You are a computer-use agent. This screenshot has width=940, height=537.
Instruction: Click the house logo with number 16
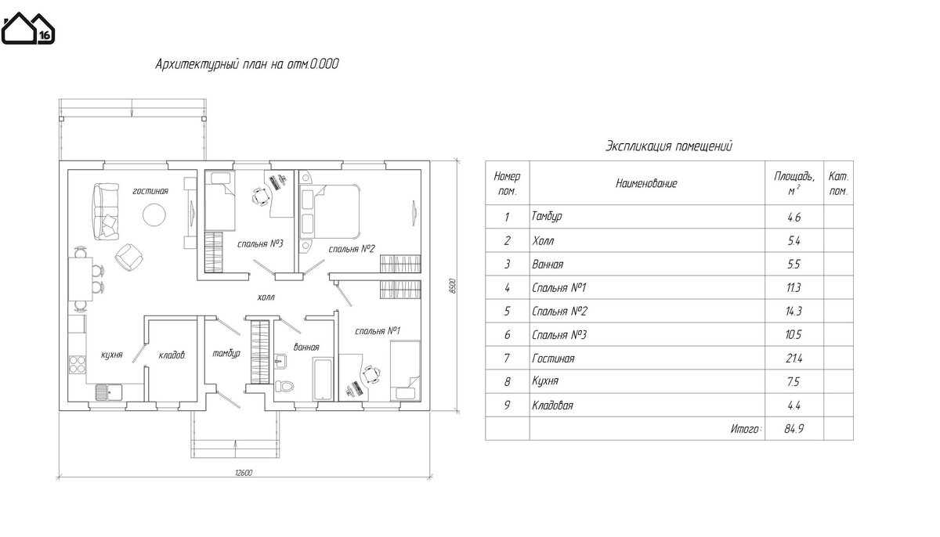(x=27, y=28)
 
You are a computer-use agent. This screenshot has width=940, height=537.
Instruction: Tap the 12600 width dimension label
(x=244, y=473)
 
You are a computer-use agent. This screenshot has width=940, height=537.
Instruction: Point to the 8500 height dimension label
(x=453, y=286)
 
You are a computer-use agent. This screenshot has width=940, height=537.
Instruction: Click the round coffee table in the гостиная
(x=154, y=214)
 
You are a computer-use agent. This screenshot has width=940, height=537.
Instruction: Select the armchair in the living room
(x=128, y=257)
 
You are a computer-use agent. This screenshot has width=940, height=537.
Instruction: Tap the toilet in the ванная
(x=284, y=386)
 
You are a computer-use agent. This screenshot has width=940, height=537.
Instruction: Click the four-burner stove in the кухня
(x=78, y=364)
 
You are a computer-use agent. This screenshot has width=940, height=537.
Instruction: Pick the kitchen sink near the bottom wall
(x=109, y=392)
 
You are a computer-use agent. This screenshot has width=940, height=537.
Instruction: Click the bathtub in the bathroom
(x=323, y=379)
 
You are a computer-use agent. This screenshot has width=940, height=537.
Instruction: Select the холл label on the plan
(x=266, y=297)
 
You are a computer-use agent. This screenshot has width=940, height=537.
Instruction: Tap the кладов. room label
(x=172, y=355)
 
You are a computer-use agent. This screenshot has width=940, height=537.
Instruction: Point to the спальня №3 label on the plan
(x=260, y=243)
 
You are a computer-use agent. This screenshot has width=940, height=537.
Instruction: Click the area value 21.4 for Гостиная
(x=793, y=359)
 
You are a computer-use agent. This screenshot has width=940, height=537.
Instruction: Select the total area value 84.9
(x=794, y=428)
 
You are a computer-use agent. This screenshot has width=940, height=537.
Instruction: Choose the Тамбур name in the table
(x=547, y=216)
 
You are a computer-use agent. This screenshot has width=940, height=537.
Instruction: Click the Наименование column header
(x=646, y=183)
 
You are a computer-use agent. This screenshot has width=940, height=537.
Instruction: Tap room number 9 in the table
(x=507, y=405)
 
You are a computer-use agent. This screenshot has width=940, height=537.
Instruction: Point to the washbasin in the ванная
(x=280, y=362)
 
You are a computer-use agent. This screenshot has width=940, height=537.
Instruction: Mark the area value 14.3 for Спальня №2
(x=794, y=311)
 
